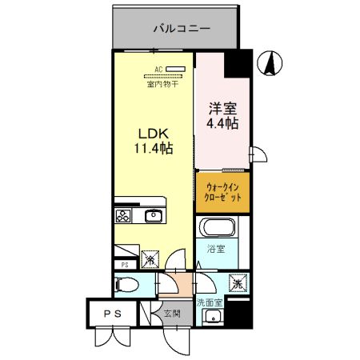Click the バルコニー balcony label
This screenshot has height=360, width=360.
(x=182, y=29)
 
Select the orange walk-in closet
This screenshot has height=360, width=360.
(x=222, y=192)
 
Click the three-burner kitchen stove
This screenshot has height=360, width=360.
(x=124, y=215)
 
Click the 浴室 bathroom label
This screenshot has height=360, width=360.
(x=216, y=249)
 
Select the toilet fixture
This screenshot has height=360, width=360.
(x=126, y=283)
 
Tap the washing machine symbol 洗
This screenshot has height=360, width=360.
(x=238, y=282)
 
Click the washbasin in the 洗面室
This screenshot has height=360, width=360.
(x=212, y=319)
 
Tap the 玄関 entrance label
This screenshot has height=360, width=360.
(x=171, y=314)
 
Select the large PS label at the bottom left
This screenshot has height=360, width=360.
(x=113, y=314)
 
